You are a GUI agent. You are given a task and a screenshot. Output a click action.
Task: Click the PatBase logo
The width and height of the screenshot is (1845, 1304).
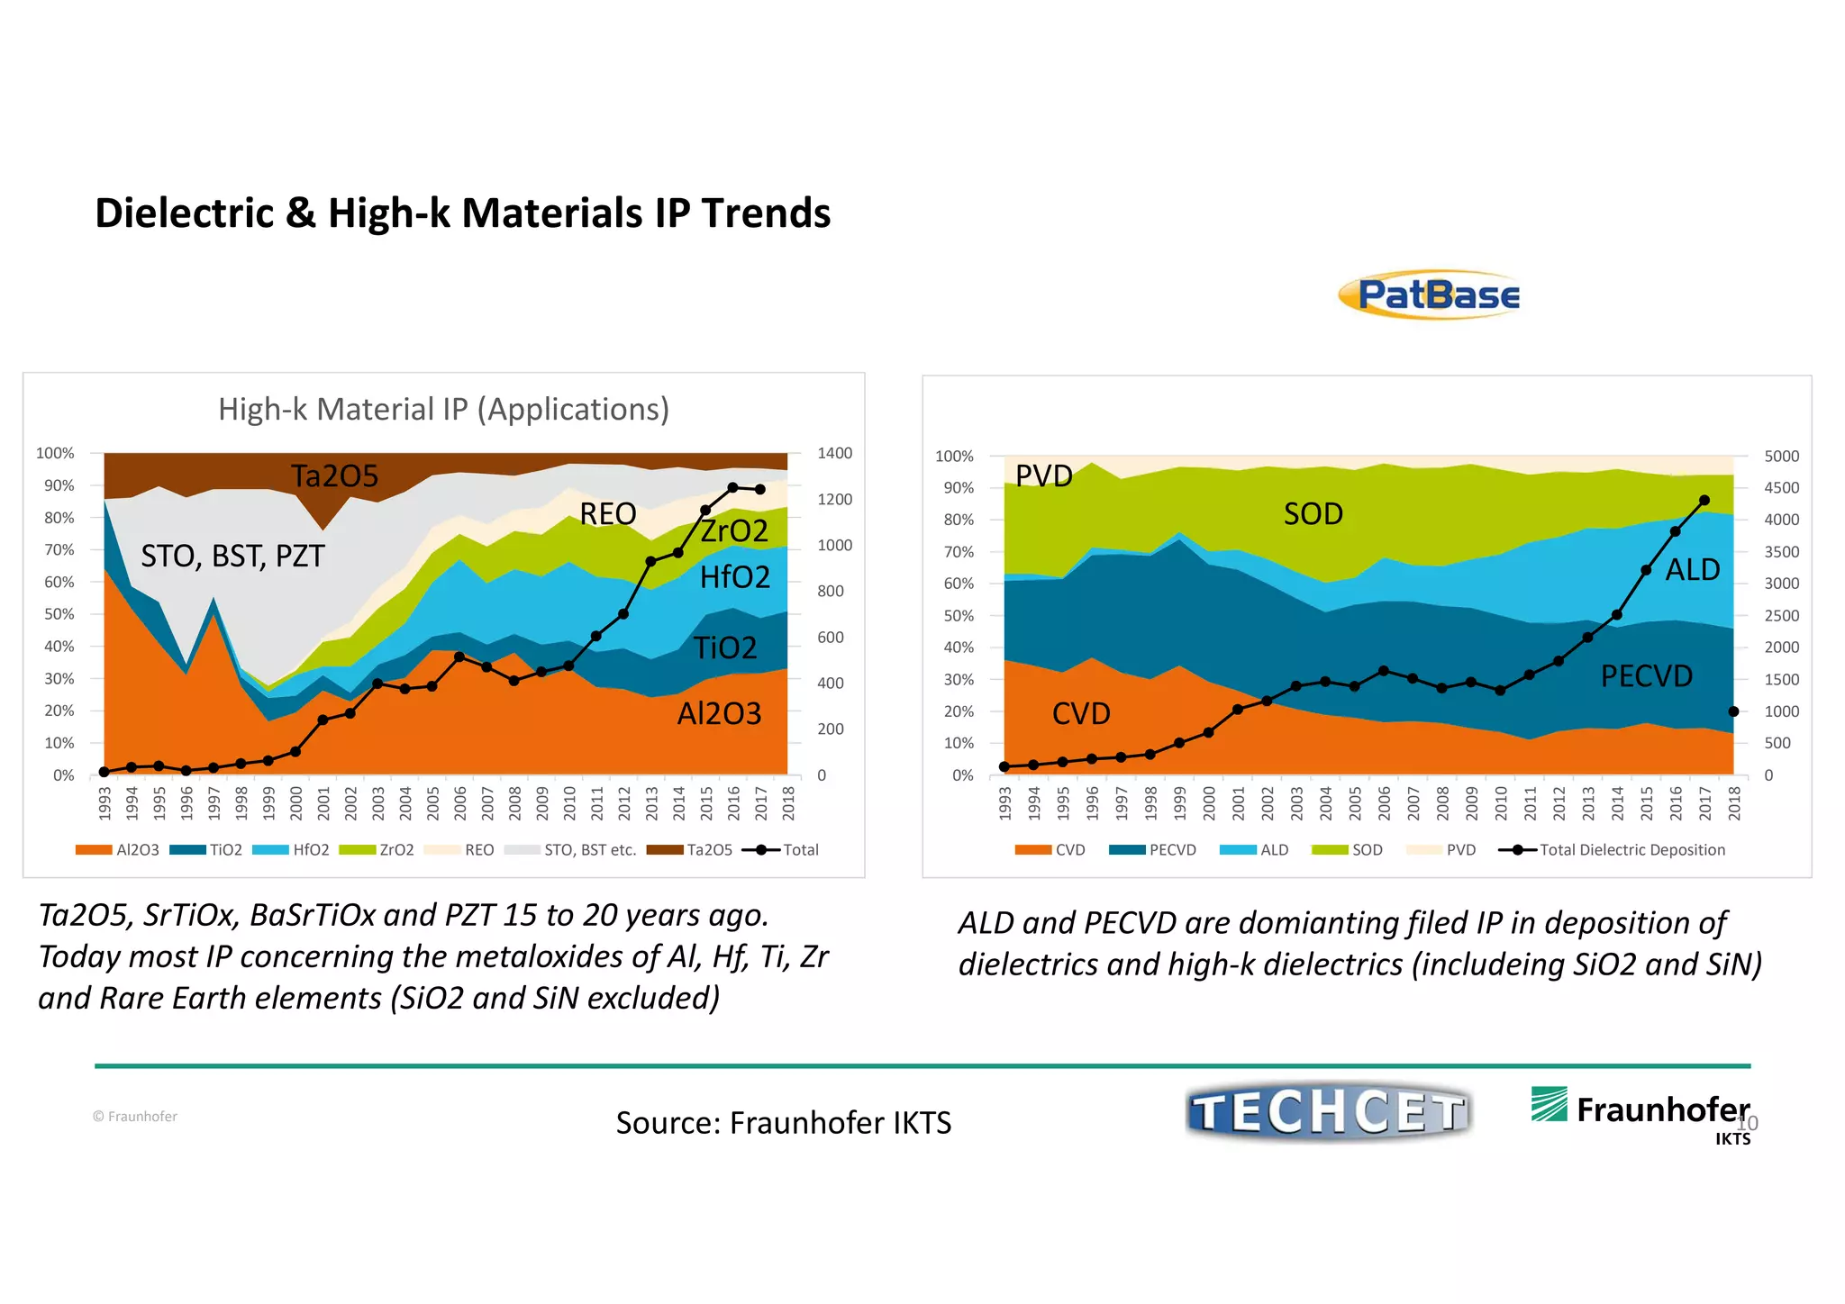tap(1430, 294)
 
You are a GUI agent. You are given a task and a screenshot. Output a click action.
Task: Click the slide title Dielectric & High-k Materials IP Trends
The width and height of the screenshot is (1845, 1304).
tap(462, 213)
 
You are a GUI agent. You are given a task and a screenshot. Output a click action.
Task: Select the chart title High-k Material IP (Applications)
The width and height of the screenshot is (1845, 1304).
tap(443, 409)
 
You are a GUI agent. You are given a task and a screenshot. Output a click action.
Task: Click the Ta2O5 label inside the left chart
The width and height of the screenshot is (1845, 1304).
tap(334, 475)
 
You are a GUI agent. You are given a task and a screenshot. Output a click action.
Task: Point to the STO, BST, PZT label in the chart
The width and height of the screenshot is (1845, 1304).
tap(232, 556)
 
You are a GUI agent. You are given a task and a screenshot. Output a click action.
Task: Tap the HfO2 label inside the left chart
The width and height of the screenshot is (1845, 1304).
tap(734, 576)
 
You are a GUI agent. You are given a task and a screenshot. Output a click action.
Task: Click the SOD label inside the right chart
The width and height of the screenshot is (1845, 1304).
tap(1313, 513)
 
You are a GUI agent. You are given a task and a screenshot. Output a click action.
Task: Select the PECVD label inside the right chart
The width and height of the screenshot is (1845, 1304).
tap(1646, 675)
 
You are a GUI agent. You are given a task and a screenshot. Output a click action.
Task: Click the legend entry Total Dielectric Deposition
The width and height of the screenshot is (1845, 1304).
tap(1631, 849)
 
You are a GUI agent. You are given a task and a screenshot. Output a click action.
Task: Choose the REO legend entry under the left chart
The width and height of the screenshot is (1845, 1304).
tap(477, 849)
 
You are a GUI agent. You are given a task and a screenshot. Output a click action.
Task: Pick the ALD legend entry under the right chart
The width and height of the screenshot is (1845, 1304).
tap(1273, 849)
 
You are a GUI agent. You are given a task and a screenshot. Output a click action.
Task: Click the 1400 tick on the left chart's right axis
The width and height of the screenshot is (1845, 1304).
tap(834, 453)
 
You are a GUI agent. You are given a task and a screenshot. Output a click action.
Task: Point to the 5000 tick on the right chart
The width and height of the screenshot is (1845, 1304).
tap(1781, 456)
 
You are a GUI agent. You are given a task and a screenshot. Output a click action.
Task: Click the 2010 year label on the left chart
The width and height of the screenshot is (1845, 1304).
tap(569, 802)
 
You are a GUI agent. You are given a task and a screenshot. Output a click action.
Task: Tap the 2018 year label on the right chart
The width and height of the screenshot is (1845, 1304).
tap(1734, 802)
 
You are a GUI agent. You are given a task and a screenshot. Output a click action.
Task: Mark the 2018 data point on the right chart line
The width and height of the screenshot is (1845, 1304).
tap(1733, 711)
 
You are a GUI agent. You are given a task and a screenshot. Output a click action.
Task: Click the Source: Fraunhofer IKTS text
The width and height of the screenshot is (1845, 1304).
tap(783, 1122)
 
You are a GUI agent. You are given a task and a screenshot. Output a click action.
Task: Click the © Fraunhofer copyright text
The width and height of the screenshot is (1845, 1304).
tap(135, 1116)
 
